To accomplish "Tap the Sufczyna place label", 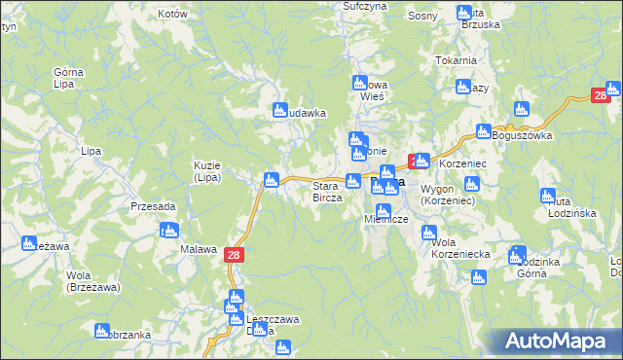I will [x=365, y=6].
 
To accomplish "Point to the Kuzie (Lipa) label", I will [x=207, y=171].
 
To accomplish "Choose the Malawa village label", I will [x=198, y=249].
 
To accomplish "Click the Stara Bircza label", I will [x=326, y=191].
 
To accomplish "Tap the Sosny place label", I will [x=422, y=16].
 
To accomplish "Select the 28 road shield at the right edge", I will [x=601, y=95].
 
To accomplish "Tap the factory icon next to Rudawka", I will [x=280, y=111].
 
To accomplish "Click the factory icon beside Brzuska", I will [x=464, y=13].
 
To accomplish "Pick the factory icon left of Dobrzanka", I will [x=101, y=332].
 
